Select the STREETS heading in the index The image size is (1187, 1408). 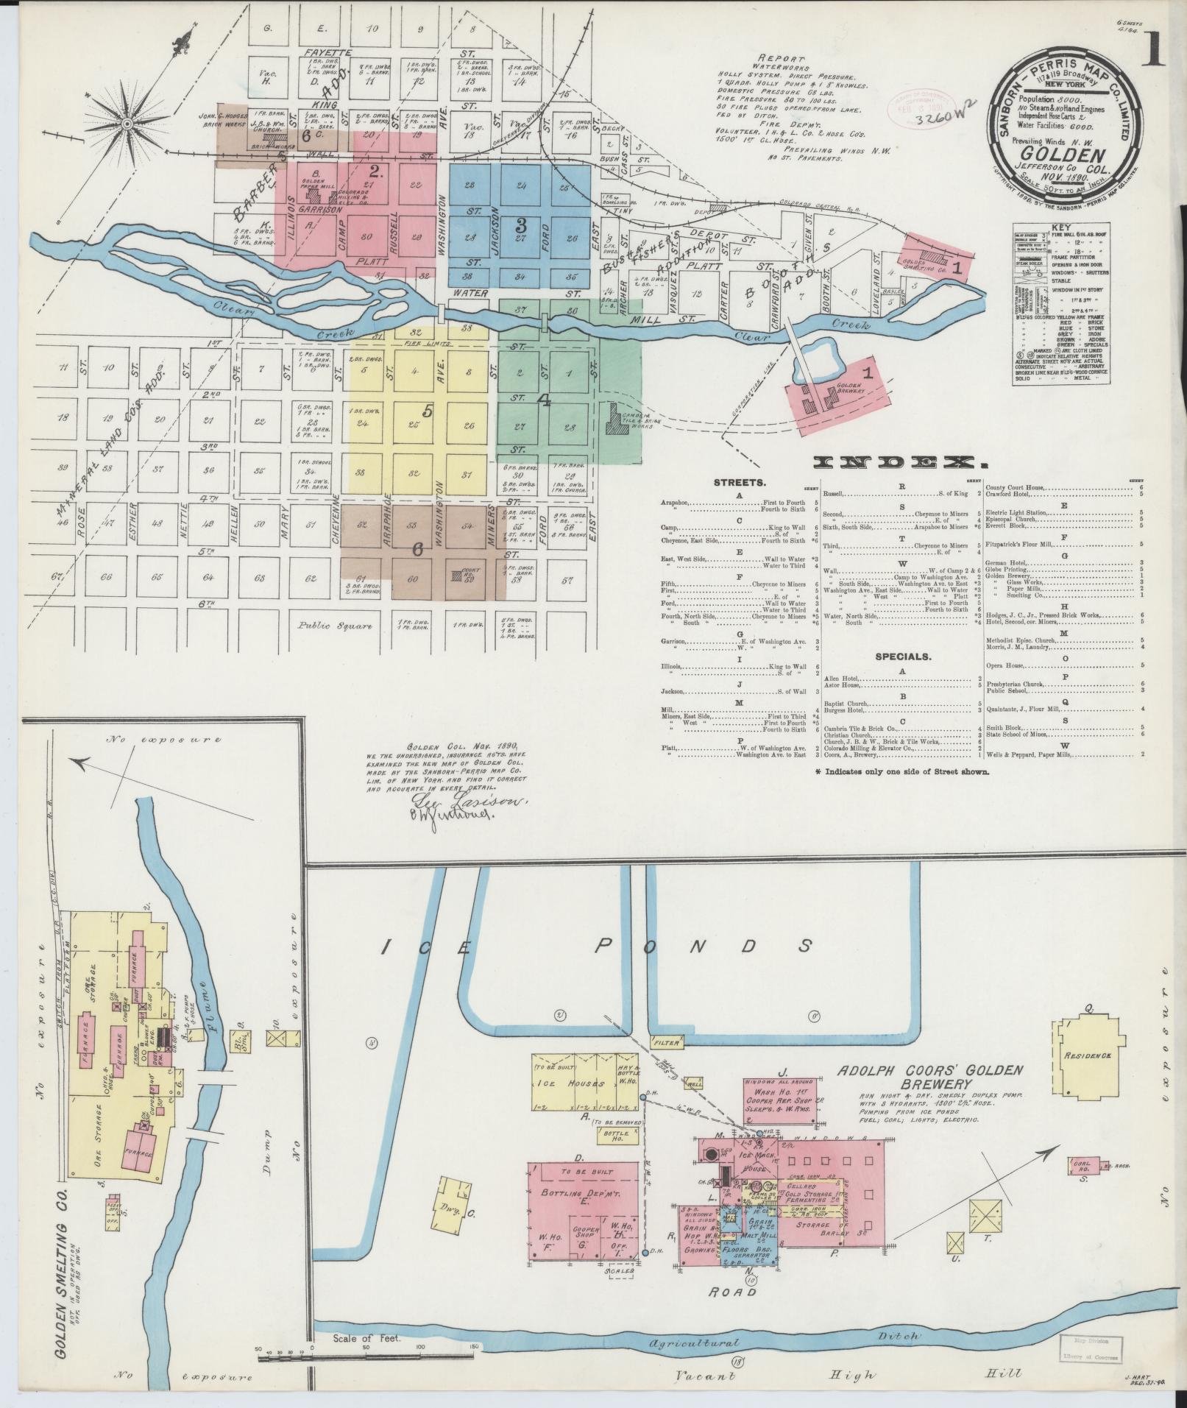tap(740, 484)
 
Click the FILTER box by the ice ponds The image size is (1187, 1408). tap(667, 1043)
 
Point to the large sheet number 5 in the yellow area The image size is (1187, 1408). tap(427, 412)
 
